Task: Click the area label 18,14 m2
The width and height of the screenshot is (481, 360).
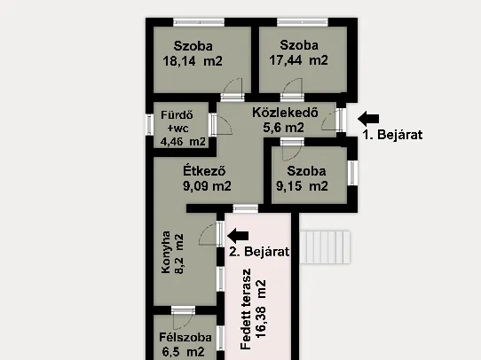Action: point(192,61)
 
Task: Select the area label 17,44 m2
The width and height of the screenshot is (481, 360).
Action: point(298,60)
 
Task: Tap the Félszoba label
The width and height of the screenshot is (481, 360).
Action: point(185,338)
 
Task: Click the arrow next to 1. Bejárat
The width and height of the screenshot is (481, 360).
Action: point(367,117)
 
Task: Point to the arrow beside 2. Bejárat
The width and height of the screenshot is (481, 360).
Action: point(239,235)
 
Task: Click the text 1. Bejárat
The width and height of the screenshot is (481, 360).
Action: point(390,136)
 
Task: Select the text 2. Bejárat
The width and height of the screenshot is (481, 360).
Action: point(260,252)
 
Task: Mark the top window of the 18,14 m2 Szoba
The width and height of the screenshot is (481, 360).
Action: point(198,21)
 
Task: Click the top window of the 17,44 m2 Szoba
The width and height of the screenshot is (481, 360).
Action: point(302,21)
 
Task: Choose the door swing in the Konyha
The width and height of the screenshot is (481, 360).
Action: point(209,234)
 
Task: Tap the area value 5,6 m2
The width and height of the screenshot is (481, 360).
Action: point(283,128)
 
